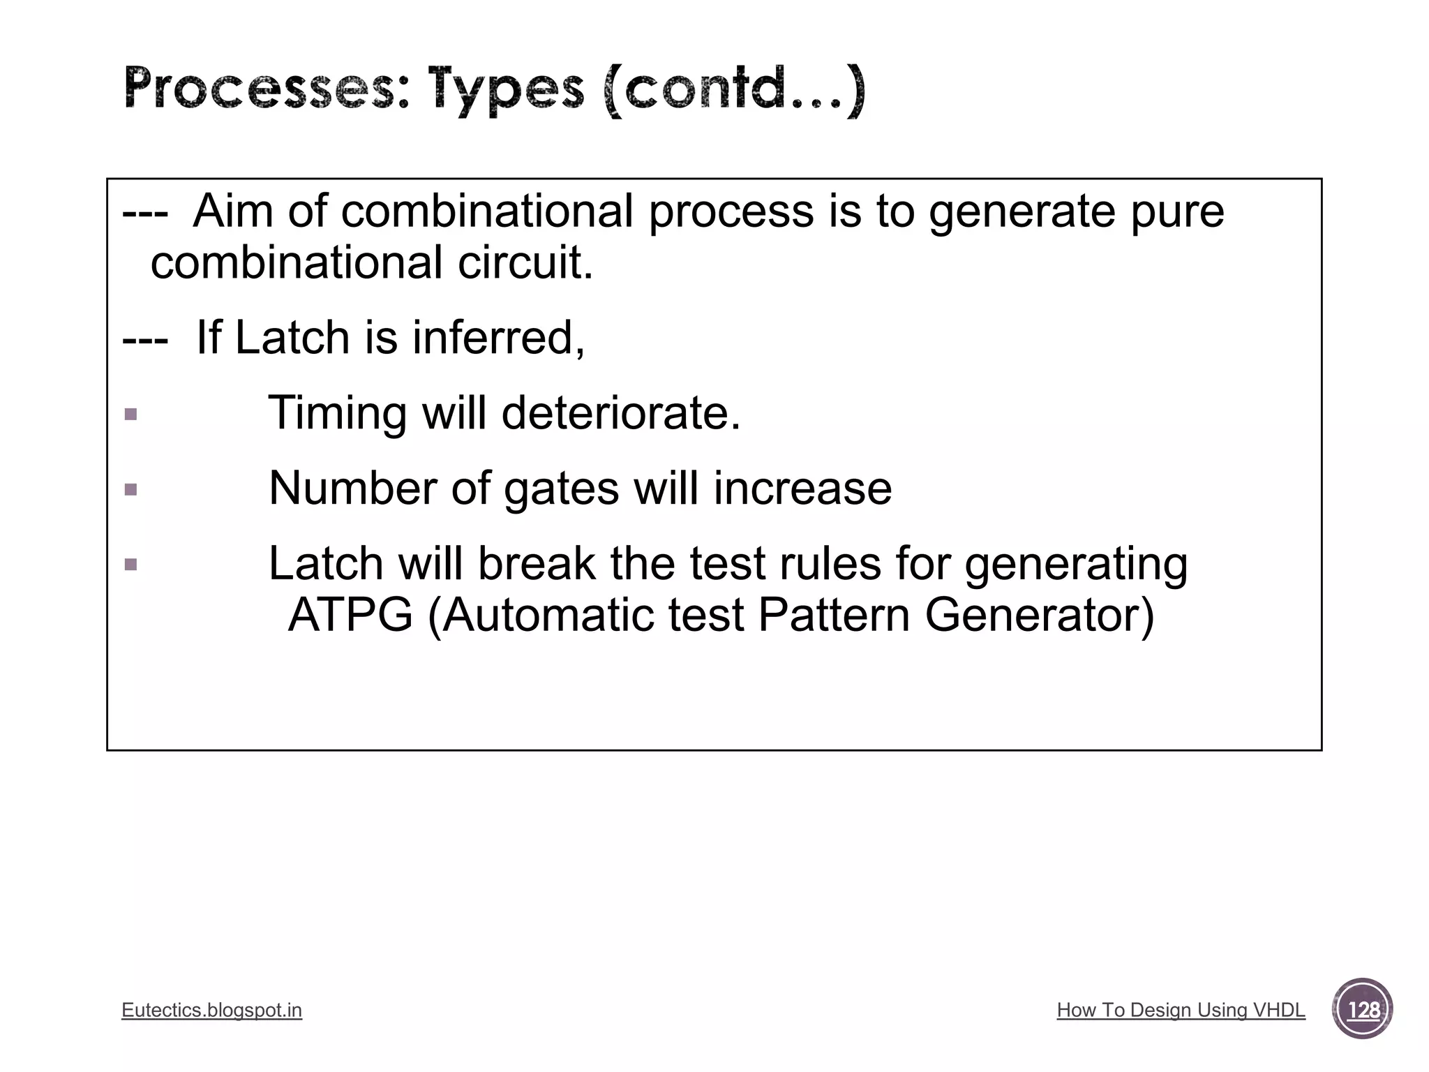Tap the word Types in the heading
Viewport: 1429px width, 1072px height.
[506, 91]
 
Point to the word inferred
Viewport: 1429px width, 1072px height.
[498, 338]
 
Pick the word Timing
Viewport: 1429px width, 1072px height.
[338, 413]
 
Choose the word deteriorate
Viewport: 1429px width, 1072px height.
[620, 413]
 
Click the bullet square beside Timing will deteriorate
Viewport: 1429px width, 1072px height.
[130, 415]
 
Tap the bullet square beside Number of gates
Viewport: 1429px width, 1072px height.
[130, 489]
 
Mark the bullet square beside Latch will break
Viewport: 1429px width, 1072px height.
[130, 564]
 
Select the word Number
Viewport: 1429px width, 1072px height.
[352, 488]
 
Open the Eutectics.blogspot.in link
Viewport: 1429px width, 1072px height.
[211, 1010]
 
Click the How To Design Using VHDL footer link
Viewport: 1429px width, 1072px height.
[1181, 1010]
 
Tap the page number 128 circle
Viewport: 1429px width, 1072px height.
[1363, 1009]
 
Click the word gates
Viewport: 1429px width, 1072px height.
[561, 489]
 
